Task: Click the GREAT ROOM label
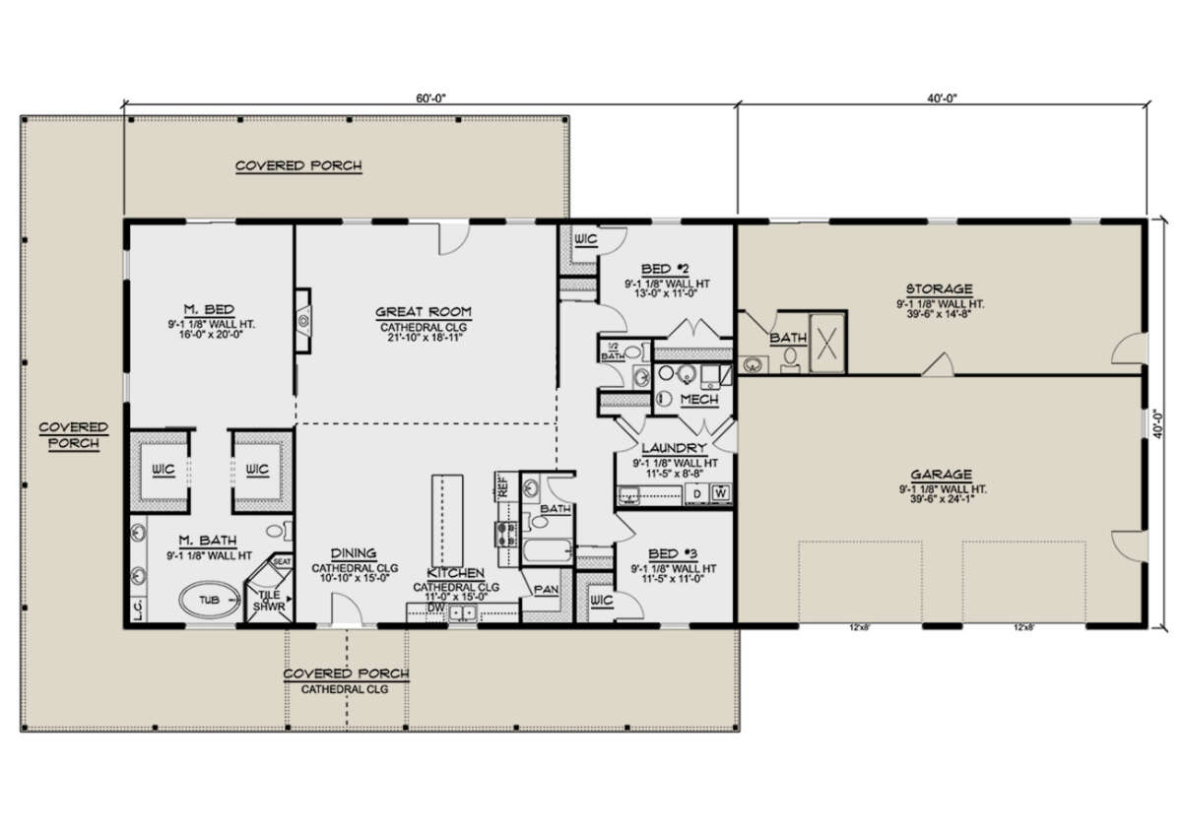click(x=424, y=312)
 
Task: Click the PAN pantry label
click(x=547, y=590)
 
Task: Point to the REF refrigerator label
click(x=502, y=484)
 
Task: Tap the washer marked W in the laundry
click(x=721, y=491)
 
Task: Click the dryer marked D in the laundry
click(x=697, y=491)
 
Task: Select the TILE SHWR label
click(x=270, y=601)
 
